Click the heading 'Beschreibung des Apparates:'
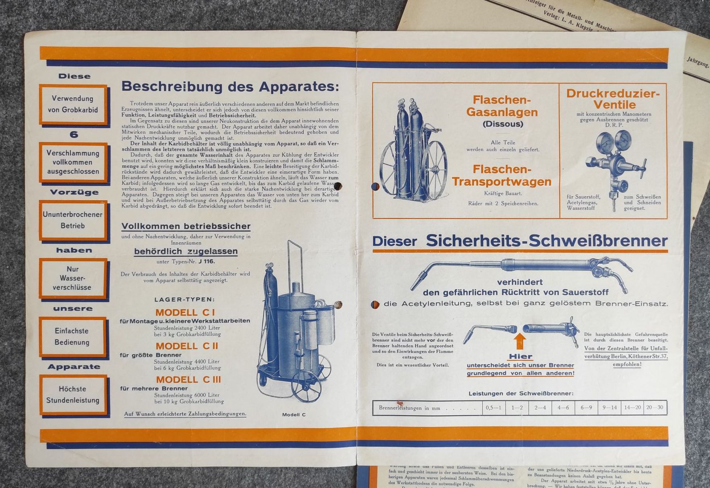230,87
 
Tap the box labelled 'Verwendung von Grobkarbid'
73,104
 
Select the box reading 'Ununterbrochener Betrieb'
73,220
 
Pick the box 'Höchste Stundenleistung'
73,394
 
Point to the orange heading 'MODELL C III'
188,379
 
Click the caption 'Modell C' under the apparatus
294,414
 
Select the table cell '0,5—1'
493,408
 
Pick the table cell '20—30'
655,408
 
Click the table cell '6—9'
586,408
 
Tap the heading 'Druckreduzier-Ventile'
613,99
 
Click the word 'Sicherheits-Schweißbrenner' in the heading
546,241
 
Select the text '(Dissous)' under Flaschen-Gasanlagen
503,124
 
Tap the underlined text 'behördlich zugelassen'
186,252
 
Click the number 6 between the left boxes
74,134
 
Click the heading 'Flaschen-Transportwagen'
501,175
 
